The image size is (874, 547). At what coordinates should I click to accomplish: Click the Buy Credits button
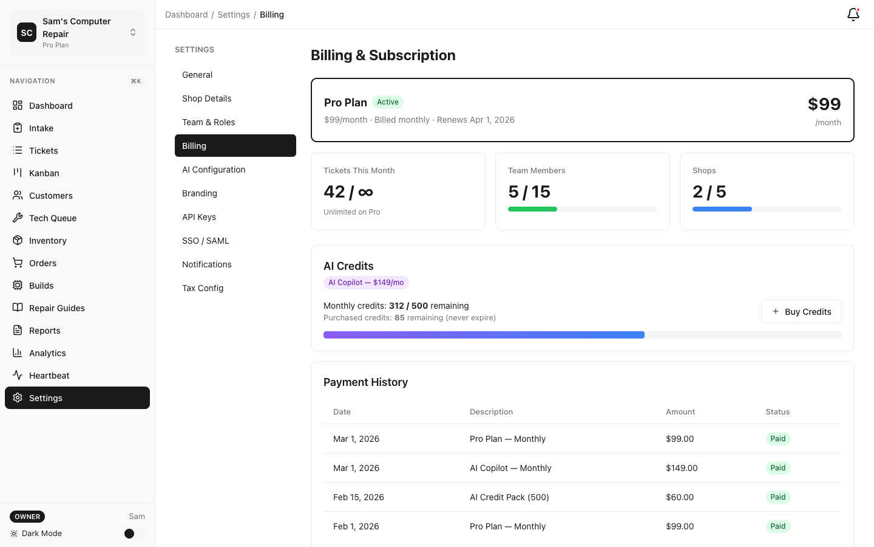[x=801, y=312]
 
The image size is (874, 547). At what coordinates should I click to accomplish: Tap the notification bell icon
[x=853, y=15]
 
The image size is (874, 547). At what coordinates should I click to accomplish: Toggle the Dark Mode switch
[x=134, y=534]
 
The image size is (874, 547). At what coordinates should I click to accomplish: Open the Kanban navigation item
[x=44, y=173]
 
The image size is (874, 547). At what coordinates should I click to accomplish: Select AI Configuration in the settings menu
[x=214, y=170]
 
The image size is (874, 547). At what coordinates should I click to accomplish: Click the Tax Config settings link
[x=203, y=288]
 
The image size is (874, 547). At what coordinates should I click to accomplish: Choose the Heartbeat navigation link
[x=49, y=376]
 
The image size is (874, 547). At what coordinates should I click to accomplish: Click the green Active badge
[x=387, y=102]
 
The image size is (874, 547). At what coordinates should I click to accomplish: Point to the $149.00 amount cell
[x=682, y=468]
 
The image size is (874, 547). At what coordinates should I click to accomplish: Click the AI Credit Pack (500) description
[x=509, y=497]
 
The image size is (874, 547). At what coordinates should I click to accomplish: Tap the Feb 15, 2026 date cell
[x=359, y=497]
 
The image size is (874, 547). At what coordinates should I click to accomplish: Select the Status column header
[x=777, y=412]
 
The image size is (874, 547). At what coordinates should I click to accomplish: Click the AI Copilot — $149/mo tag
[x=366, y=283]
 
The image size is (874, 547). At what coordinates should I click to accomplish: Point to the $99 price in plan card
[x=824, y=104]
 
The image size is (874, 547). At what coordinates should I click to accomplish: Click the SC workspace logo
[x=27, y=33]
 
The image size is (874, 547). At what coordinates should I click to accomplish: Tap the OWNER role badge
[x=27, y=517]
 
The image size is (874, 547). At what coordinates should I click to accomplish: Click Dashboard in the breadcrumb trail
[x=186, y=15]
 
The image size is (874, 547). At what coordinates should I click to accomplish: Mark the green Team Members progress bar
[x=532, y=209]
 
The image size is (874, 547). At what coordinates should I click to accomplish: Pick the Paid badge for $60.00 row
[x=777, y=497]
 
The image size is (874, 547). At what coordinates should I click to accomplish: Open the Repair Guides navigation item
[x=57, y=308]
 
